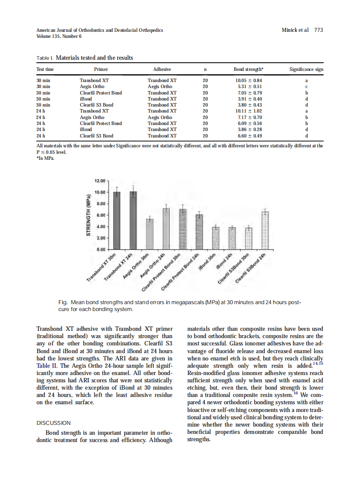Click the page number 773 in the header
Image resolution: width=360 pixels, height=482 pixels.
318,30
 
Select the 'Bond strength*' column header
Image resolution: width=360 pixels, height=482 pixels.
248,69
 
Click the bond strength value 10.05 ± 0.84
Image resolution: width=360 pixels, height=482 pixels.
248,80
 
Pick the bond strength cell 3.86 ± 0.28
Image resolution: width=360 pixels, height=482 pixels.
248,129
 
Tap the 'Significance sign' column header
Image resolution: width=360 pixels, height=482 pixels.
306,69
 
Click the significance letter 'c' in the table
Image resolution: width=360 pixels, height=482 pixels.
306,86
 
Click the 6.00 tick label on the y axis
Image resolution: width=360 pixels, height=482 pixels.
100,215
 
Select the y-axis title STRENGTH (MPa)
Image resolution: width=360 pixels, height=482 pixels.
88,214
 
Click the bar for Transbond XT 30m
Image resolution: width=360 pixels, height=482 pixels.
117,220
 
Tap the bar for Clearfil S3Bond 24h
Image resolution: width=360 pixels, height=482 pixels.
265,230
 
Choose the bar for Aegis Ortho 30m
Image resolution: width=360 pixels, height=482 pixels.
149,234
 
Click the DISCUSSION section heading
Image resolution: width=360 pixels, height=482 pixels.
54,423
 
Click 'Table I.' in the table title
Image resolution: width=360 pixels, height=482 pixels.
45,58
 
